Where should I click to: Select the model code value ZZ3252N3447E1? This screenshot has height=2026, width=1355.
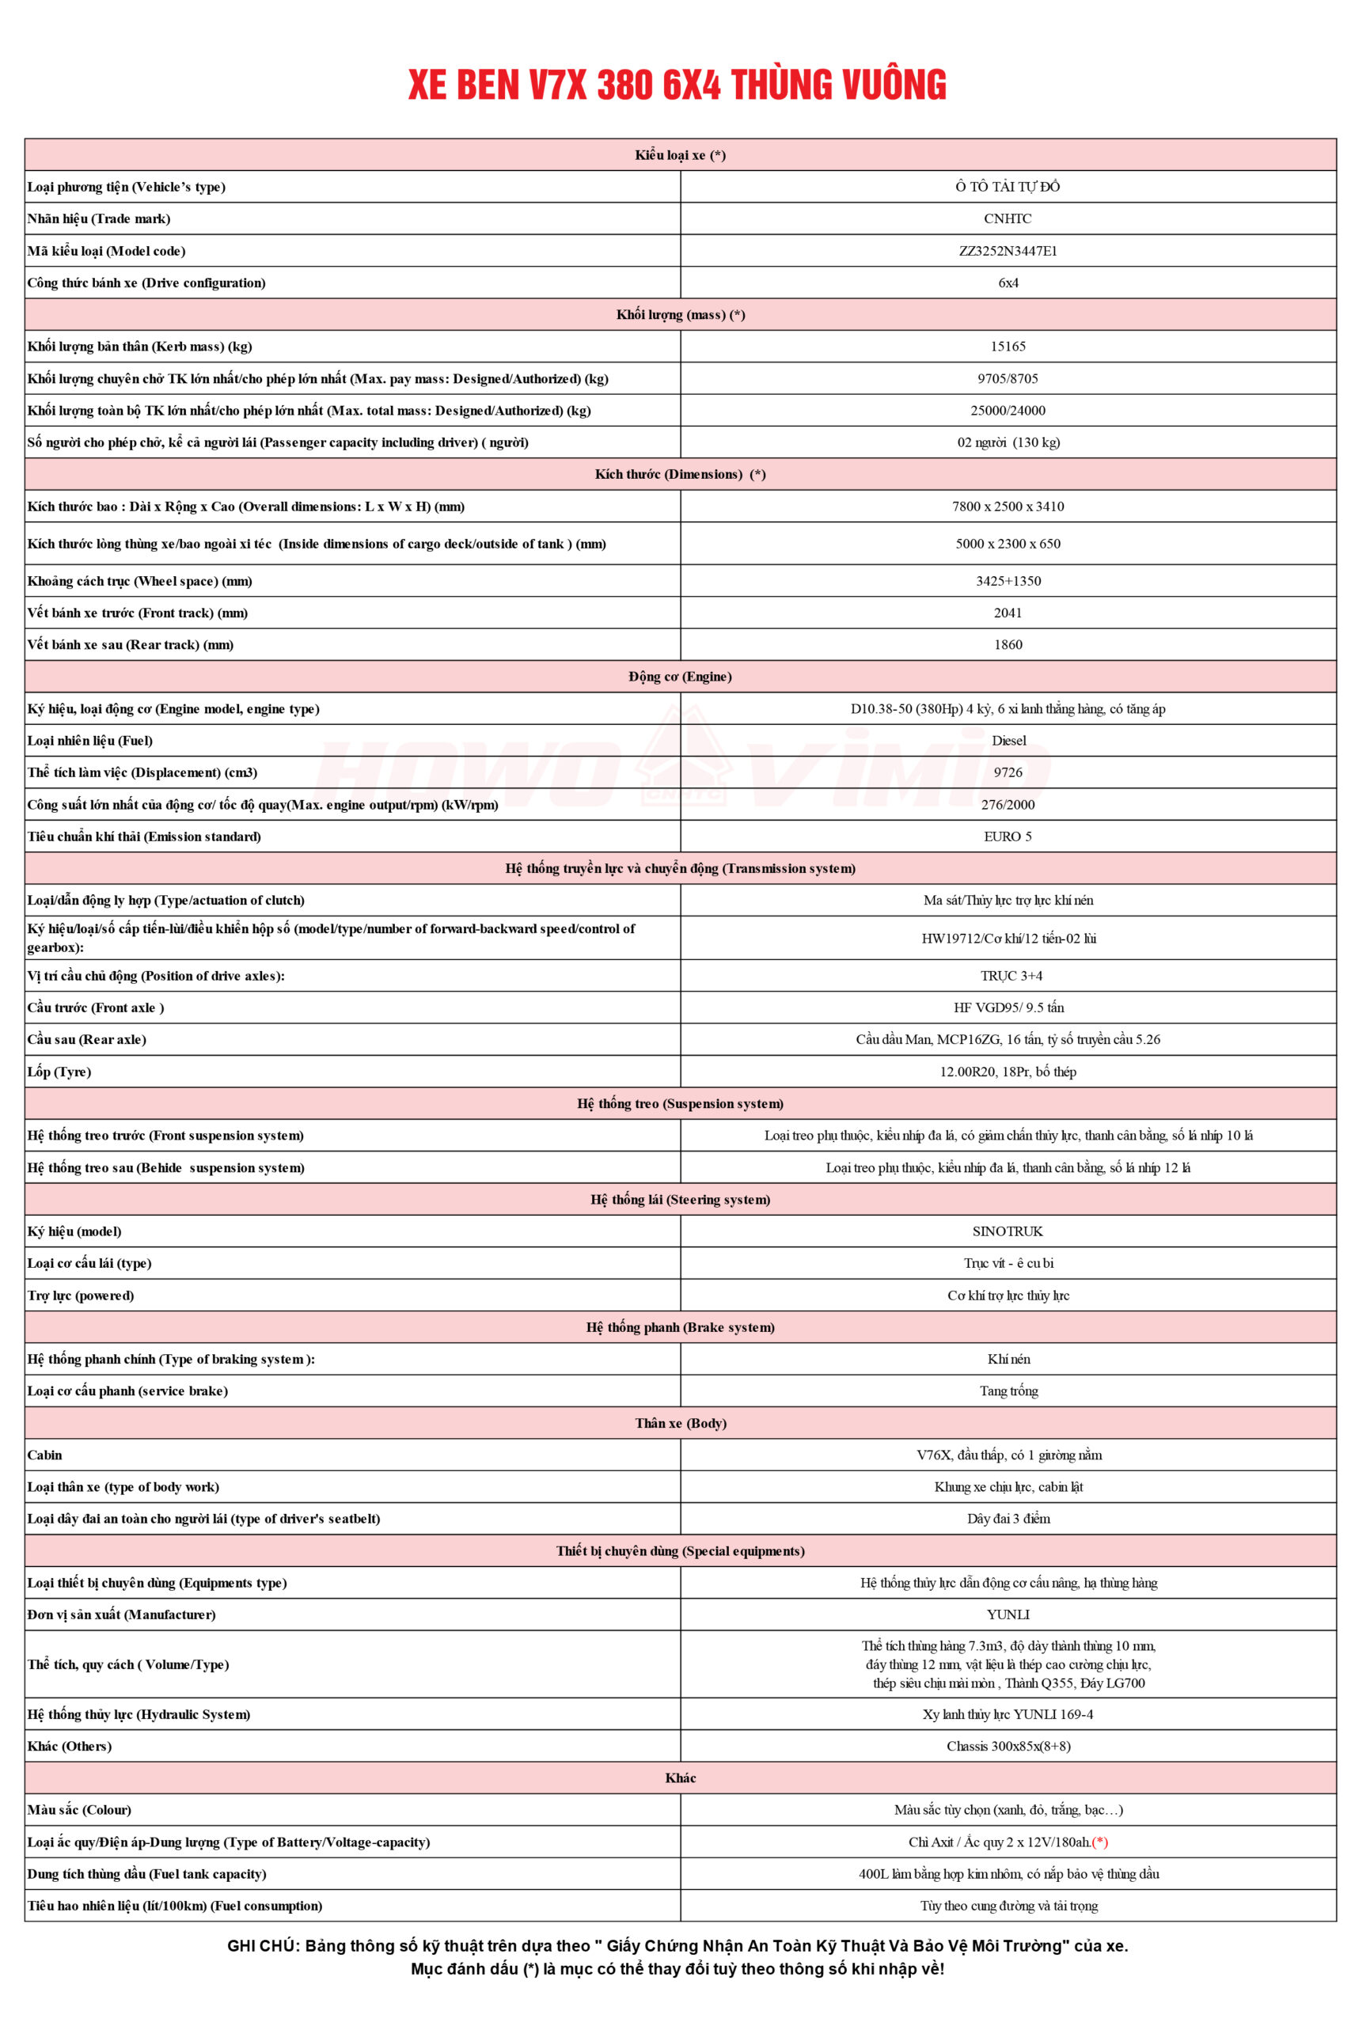pos(1008,251)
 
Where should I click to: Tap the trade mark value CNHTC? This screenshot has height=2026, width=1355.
pos(1008,218)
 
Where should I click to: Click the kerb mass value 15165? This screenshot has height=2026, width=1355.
pos(1008,347)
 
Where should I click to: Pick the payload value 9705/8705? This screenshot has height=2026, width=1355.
pos(1008,378)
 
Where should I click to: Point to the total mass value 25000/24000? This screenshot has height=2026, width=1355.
pos(1008,411)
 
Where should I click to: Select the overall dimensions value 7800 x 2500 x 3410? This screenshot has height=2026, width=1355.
pos(1008,506)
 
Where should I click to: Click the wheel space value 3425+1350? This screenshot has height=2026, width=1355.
pos(1008,581)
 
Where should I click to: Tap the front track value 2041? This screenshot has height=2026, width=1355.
pos(1008,613)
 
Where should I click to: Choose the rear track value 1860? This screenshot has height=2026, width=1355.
pos(1008,644)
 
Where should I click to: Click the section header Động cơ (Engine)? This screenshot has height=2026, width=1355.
pos(680,677)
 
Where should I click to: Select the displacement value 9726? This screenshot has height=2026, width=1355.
pos(1008,772)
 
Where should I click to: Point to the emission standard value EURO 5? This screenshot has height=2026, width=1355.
pos(1008,837)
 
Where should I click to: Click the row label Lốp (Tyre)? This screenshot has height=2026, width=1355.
pos(59,1072)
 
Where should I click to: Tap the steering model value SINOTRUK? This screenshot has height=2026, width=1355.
pos(1008,1231)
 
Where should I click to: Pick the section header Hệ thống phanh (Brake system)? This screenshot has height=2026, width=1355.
pos(680,1327)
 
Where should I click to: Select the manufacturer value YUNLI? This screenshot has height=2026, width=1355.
pos(1008,1614)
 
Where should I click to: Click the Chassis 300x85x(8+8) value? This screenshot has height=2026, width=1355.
pos(1008,1746)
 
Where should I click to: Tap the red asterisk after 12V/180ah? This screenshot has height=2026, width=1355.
pos(1100,1842)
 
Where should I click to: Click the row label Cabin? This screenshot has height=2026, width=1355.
pos(45,1455)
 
